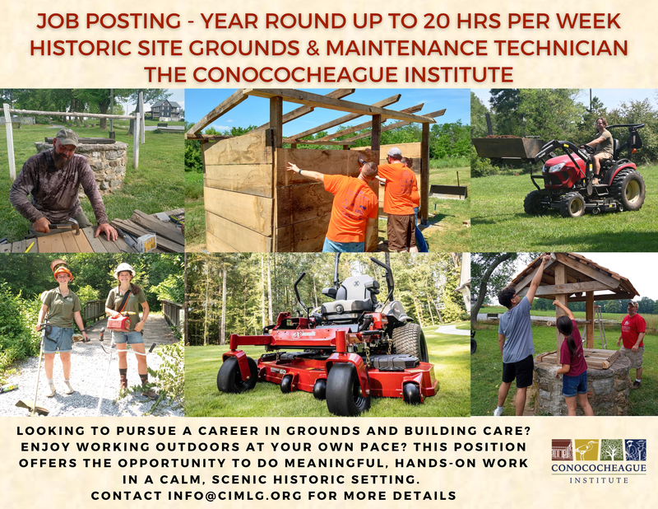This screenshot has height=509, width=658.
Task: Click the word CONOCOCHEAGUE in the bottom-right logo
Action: (x=598, y=468)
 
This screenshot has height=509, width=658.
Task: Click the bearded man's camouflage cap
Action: (x=67, y=136)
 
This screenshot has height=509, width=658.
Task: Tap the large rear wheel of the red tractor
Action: (x=626, y=189)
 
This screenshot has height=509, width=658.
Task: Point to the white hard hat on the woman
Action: (x=125, y=269)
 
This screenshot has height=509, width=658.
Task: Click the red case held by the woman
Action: (x=119, y=320)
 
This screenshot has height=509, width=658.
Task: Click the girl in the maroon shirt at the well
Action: (x=572, y=362)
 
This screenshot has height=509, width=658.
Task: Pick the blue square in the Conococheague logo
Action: (x=635, y=450)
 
